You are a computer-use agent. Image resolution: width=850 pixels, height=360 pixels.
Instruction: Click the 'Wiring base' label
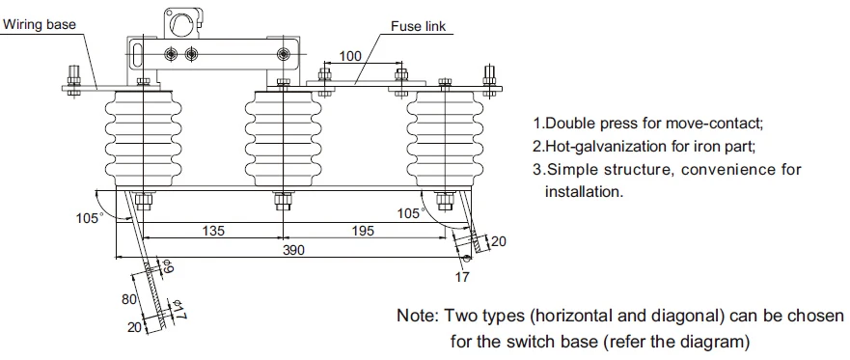tap(40, 24)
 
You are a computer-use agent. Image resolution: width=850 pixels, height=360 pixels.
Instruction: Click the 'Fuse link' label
tap(418, 26)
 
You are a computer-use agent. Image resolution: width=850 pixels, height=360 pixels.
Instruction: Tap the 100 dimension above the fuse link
tap(350, 56)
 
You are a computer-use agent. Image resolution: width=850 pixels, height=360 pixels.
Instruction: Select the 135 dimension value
tap(213, 231)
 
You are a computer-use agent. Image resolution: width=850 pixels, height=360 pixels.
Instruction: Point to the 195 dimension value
tap(363, 231)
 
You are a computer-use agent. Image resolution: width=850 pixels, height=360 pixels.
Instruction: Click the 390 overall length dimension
tap(293, 250)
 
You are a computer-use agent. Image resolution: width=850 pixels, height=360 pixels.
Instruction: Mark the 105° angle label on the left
tap(90, 218)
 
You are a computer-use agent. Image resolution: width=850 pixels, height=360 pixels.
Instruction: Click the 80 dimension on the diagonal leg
tap(128, 299)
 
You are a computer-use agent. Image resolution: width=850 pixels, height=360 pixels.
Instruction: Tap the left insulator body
tap(143, 138)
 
